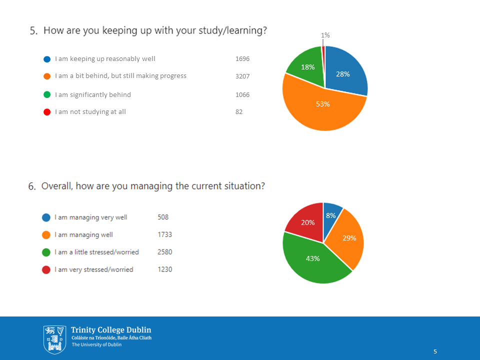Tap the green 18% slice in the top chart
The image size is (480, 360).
[x=306, y=67]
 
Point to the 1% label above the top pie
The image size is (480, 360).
[x=325, y=35]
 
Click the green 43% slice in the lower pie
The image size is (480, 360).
[x=312, y=260]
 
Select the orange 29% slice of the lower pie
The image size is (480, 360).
[x=348, y=238]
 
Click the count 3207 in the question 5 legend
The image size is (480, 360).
[x=242, y=76]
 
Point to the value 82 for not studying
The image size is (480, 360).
[x=239, y=112]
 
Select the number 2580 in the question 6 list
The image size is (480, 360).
[x=165, y=252]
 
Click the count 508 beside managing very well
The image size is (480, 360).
[x=163, y=217]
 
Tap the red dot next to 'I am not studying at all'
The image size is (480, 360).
[x=47, y=112]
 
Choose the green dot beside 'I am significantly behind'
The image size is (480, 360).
[x=47, y=94]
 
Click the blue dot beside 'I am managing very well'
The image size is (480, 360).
[x=46, y=217]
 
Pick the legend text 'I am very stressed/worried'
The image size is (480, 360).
[x=94, y=269]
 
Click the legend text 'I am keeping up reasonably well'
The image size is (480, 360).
[x=105, y=59]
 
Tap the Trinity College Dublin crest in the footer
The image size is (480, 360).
[x=54, y=338]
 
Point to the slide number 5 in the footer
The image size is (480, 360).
[x=435, y=351]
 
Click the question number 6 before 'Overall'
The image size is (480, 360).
[x=32, y=186]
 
